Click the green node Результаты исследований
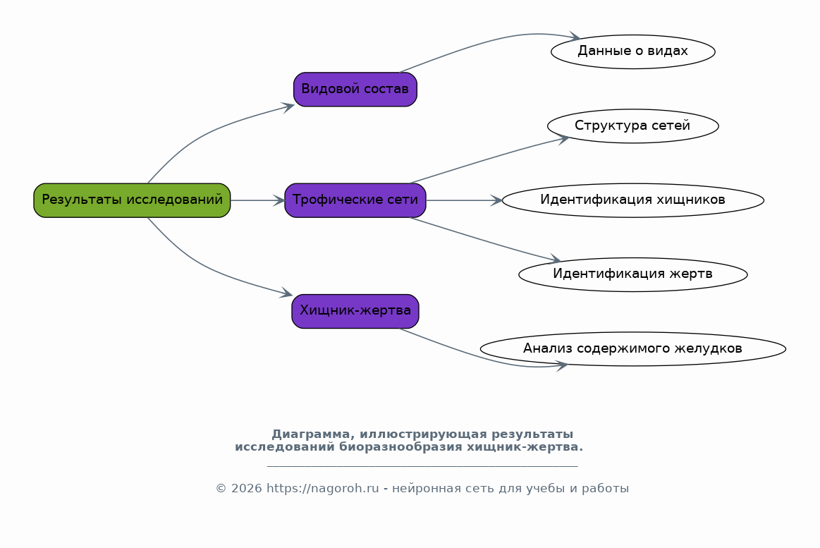tap(132, 200)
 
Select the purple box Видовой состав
tap(355, 90)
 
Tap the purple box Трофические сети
tap(355, 200)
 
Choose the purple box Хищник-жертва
tap(355, 311)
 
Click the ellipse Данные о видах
tap(632, 51)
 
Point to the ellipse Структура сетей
tap(632, 126)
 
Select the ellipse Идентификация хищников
tap(632, 200)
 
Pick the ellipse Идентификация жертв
tap(632, 274)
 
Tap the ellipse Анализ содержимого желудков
tap(632, 349)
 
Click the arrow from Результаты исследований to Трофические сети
tap(257, 200)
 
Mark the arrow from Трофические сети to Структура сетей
tap(489, 159)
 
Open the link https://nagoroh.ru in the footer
tap(323, 488)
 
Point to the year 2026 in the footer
tap(246, 488)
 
